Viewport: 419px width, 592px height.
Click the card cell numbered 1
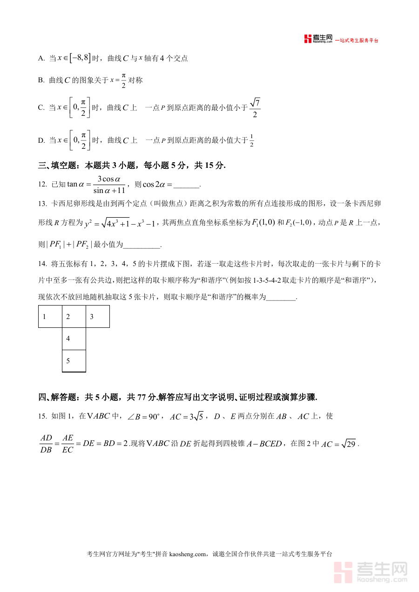click(x=50, y=317)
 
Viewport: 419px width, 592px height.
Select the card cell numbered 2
click(x=74, y=317)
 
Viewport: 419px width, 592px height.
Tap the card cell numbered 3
click(x=98, y=317)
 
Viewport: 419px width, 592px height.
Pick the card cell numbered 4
click(x=74, y=339)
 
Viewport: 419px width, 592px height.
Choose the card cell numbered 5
click(x=74, y=361)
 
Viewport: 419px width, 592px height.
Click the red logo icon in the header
click(x=308, y=40)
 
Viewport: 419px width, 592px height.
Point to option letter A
click(x=41, y=59)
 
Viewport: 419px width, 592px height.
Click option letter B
click(x=41, y=80)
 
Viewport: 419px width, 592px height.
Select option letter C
click(x=41, y=108)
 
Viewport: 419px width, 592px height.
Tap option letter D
click(x=41, y=140)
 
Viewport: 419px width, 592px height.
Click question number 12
click(x=42, y=185)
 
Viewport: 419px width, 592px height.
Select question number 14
click(x=42, y=264)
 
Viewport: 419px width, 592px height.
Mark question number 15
click(x=42, y=416)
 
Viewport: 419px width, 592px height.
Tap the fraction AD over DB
click(x=46, y=444)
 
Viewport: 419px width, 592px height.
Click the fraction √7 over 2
click(x=255, y=108)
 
